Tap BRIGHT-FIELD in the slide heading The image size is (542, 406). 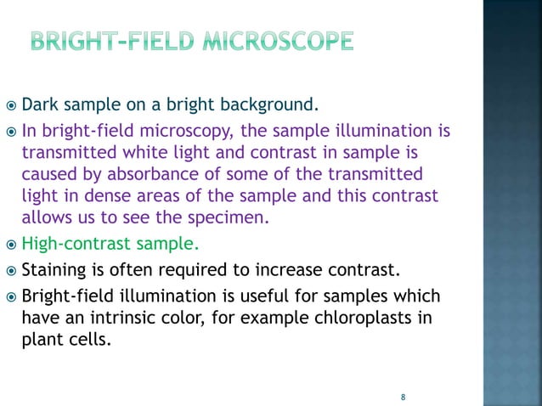click(112, 41)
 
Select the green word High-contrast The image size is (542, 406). click(78, 245)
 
